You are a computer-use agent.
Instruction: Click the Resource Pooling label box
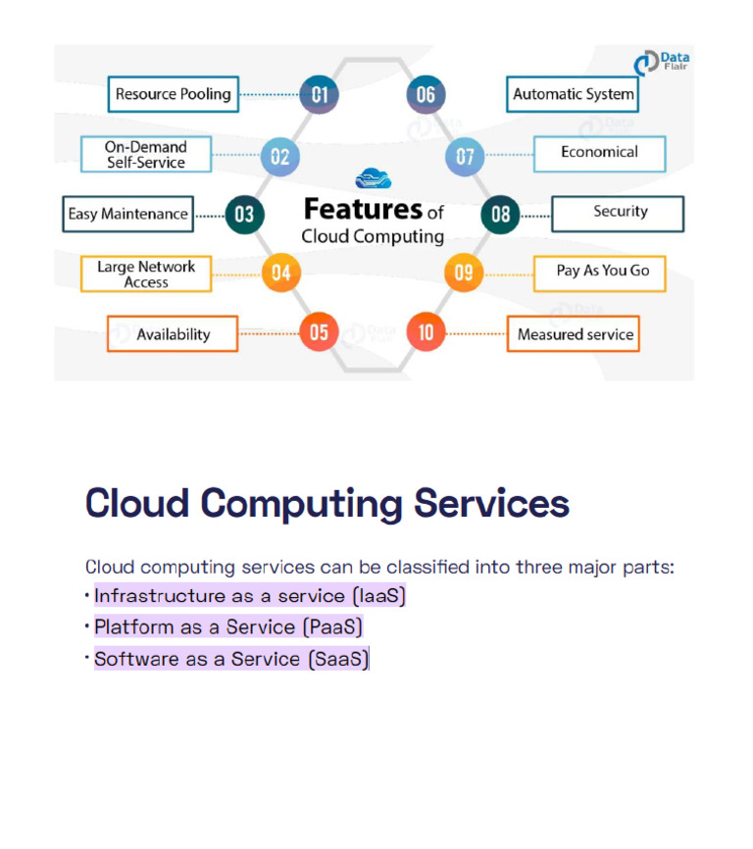[x=173, y=95]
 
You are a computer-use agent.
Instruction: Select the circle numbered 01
[x=320, y=95]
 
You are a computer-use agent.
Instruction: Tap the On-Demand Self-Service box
[x=145, y=155]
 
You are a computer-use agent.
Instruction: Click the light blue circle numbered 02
[x=279, y=156]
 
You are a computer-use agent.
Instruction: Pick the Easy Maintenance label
[x=127, y=214]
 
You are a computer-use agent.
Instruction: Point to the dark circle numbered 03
[x=244, y=214]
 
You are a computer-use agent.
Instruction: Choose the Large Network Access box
[x=145, y=274]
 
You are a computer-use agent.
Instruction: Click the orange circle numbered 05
[x=319, y=332]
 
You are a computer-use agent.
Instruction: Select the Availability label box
[x=173, y=334]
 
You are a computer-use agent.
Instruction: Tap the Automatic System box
[x=574, y=95]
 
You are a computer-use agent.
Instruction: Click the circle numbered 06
[x=426, y=95]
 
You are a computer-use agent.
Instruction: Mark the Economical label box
[x=599, y=153]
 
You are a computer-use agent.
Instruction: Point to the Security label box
[x=619, y=213]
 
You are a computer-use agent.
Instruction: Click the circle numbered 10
[x=426, y=332]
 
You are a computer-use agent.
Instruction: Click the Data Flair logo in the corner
[x=661, y=64]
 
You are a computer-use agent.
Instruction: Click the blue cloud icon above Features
[x=373, y=178]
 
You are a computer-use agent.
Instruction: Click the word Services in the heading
[x=491, y=503]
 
